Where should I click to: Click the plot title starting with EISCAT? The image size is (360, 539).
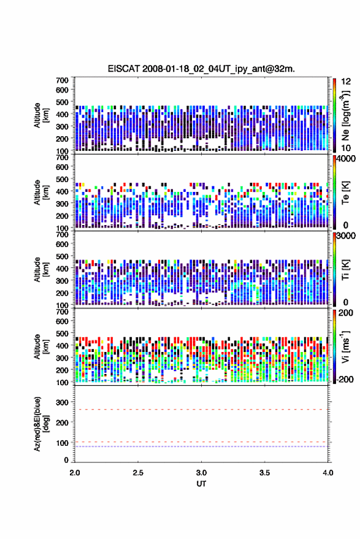click(201, 69)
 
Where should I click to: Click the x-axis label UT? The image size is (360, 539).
click(201, 484)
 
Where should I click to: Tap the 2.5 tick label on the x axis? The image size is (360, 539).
click(138, 473)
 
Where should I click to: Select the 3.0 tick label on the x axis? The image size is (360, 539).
click(201, 473)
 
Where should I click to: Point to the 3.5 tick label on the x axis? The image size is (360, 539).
click(264, 473)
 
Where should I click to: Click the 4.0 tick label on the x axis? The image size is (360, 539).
click(328, 473)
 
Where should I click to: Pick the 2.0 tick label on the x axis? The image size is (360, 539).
click(75, 473)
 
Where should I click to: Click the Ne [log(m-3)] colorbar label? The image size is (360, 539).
click(345, 115)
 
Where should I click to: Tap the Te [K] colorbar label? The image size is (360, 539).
click(345, 193)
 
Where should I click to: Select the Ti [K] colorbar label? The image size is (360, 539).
click(345, 270)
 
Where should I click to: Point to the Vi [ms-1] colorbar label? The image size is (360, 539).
click(345, 346)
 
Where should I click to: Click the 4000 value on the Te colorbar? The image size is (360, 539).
click(347, 159)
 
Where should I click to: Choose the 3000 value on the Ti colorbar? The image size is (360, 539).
click(347, 236)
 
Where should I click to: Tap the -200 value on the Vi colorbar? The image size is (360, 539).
click(345, 380)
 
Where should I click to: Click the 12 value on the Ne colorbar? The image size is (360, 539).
click(346, 82)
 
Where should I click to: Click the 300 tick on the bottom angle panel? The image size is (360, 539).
click(62, 402)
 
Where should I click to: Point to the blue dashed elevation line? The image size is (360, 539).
click(201, 446)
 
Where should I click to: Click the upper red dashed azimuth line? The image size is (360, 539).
click(201, 410)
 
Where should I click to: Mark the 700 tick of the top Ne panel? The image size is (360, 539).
click(62, 80)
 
